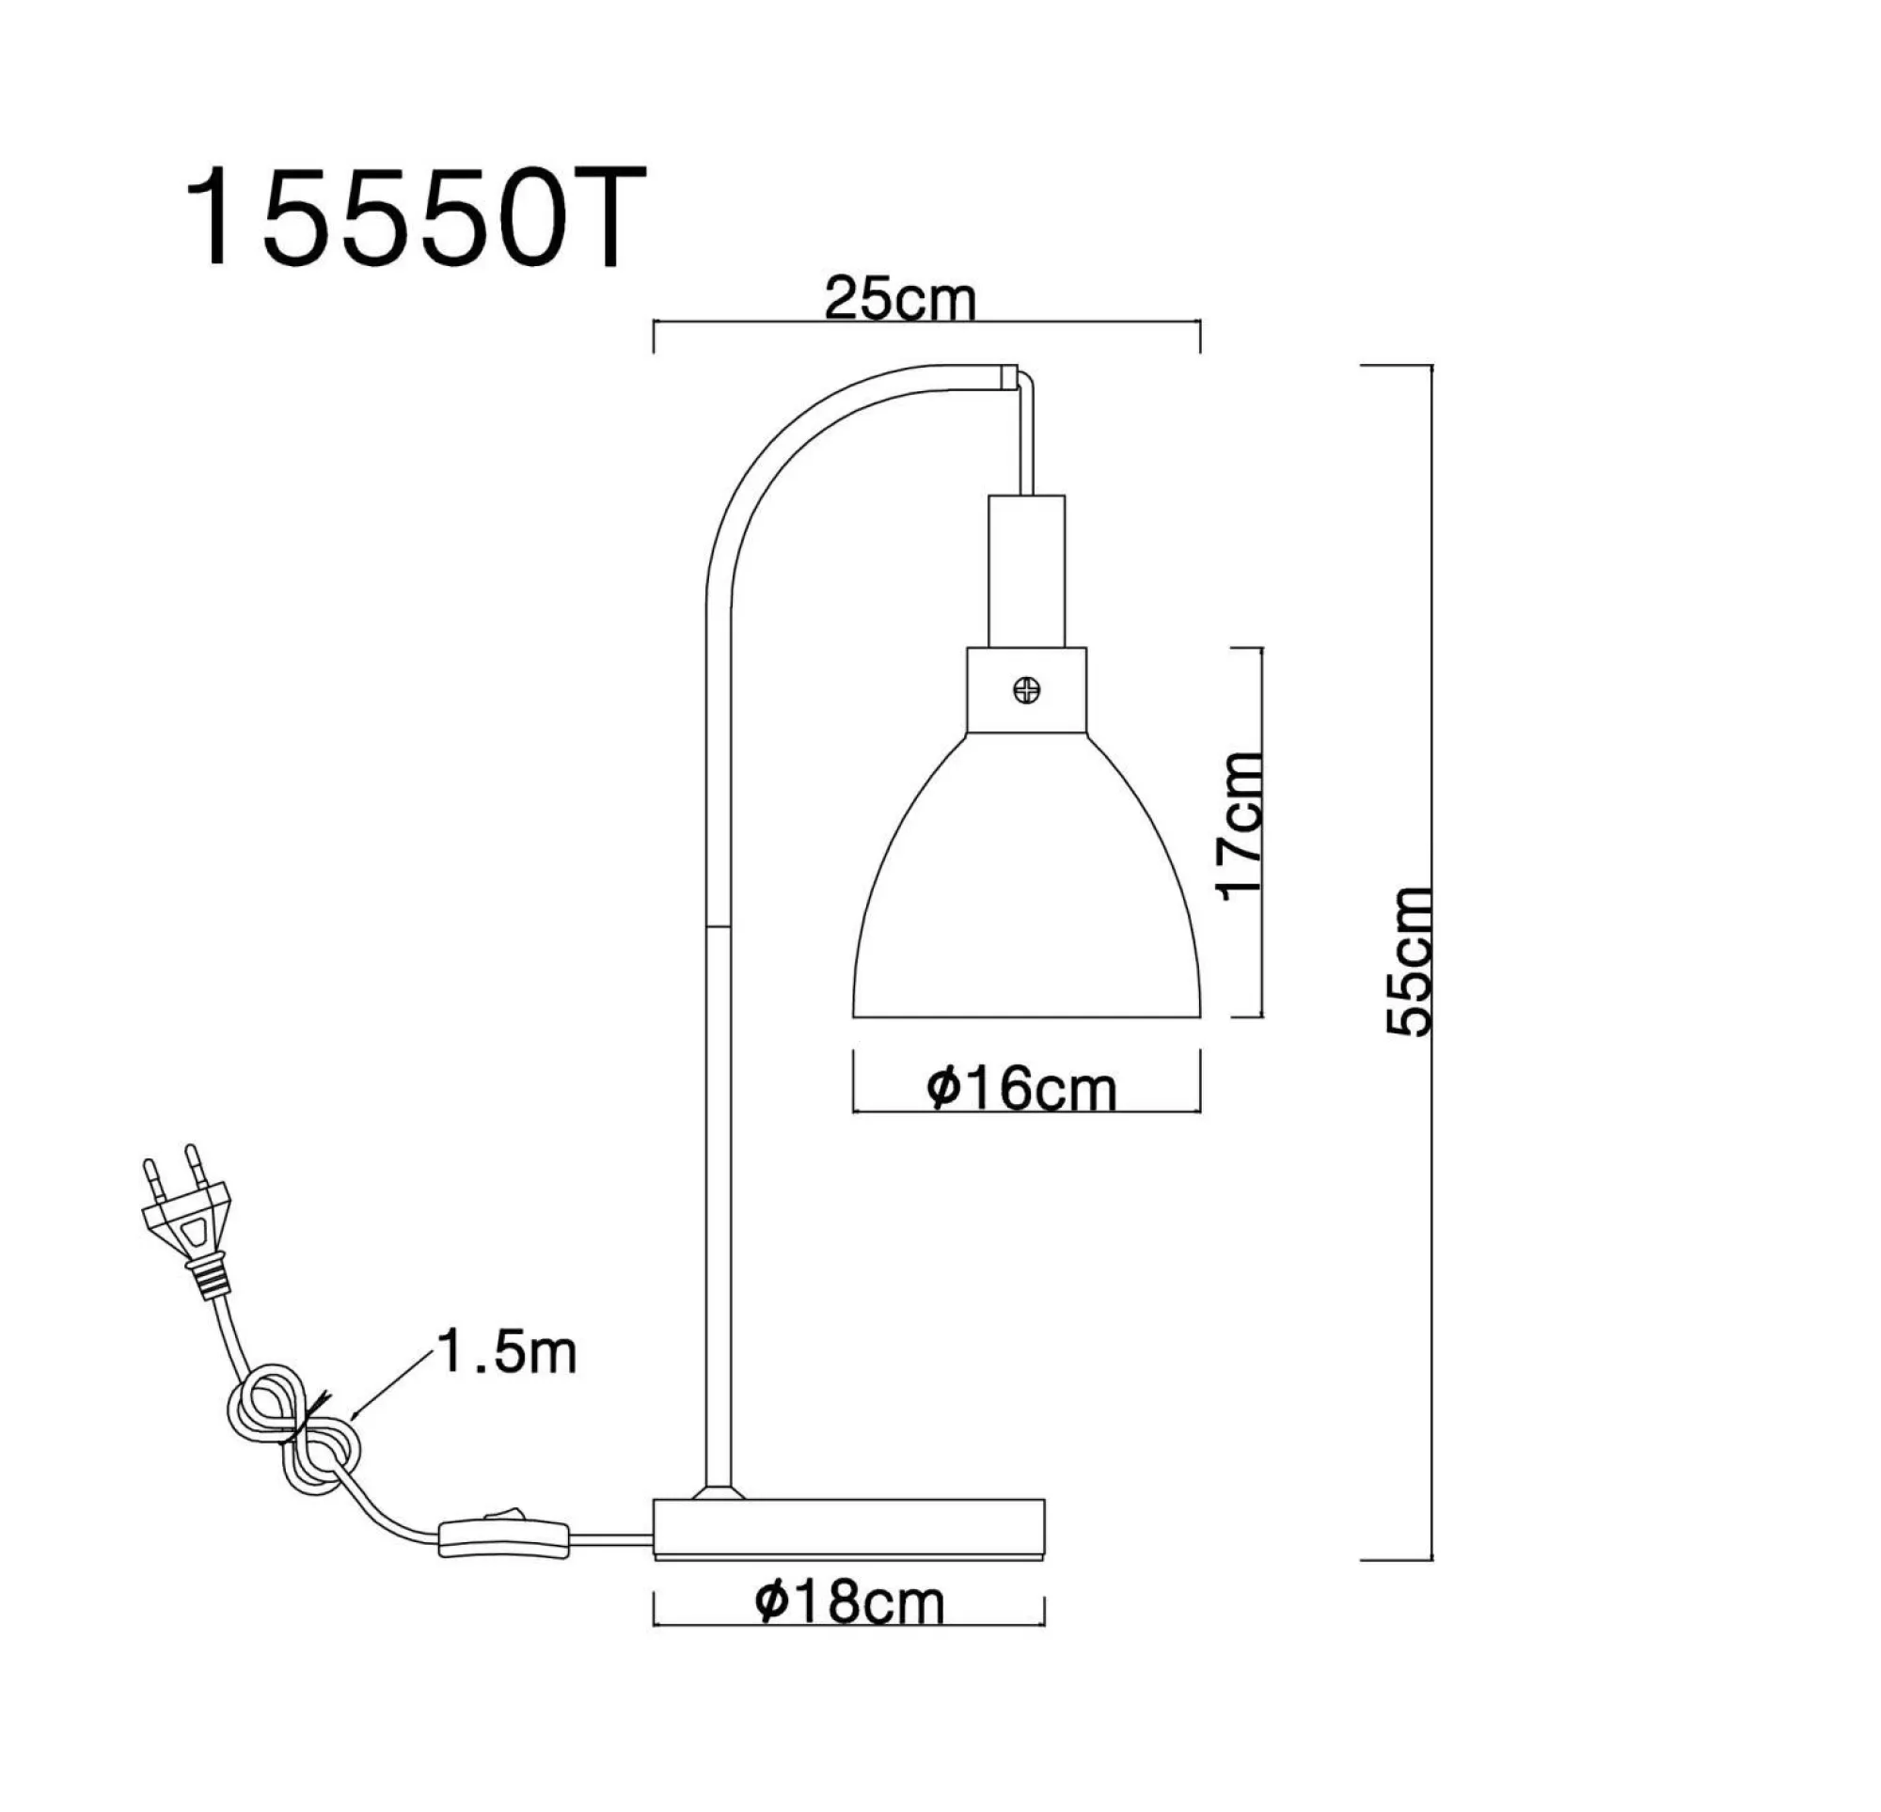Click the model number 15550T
(415, 219)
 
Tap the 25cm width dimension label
(899, 300)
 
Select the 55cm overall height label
(1410, 961)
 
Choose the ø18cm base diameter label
(849, 1601)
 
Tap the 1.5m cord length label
(506, 1353)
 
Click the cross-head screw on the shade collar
(1026, 689)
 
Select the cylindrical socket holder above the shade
(1026, 570)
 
